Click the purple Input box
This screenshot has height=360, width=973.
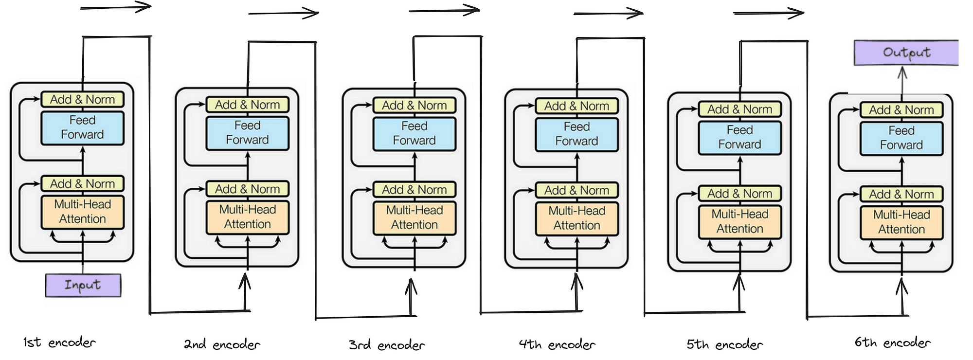(83, 285)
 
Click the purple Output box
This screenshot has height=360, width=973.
(906, 53)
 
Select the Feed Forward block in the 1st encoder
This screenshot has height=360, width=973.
(82, 127)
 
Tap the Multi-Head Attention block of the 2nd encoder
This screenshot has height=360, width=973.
(247, 217)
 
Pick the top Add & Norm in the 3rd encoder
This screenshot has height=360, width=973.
(414, 106)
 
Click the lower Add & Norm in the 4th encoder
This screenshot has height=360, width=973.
(577, 190)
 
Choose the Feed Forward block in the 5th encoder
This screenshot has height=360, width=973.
(739, 137)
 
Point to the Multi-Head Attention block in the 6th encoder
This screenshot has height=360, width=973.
(901, 222)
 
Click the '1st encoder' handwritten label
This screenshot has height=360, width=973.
(59, 342)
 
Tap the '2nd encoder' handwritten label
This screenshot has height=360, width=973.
(222, 344)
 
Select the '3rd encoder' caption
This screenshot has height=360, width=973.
(387, 345)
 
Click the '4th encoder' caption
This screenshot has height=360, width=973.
(557, 344)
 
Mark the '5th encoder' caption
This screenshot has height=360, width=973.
(724, 344)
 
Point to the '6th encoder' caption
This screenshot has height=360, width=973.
(892, 342)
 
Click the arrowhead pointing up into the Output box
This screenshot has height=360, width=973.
(902, 73)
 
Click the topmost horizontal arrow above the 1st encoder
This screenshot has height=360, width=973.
(116, 8)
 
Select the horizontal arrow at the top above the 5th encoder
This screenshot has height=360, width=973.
(769, 14)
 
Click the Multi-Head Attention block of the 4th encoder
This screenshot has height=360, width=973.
(577, 218)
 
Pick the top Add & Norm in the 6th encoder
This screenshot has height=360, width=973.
(901, 110)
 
